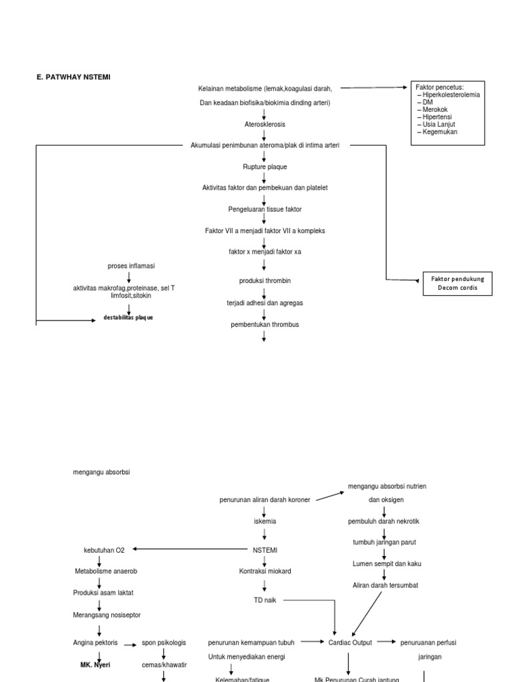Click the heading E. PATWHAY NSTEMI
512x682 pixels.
[73, 77]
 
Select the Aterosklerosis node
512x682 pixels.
[264, 124]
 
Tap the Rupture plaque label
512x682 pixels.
[265, 167]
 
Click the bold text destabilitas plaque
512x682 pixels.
[128, 318]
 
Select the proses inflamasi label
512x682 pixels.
[131, 266]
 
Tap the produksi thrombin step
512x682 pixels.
[265, 281]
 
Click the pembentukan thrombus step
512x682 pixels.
[265, 324]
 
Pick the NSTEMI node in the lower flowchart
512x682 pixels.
[264, 550]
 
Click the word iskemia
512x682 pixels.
[264, 521]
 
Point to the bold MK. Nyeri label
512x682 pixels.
[92, 665]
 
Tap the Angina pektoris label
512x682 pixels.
[95, 643]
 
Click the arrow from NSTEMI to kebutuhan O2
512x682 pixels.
[190, 549]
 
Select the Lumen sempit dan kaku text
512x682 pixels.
[385, 563]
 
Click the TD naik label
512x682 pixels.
[265, 600]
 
